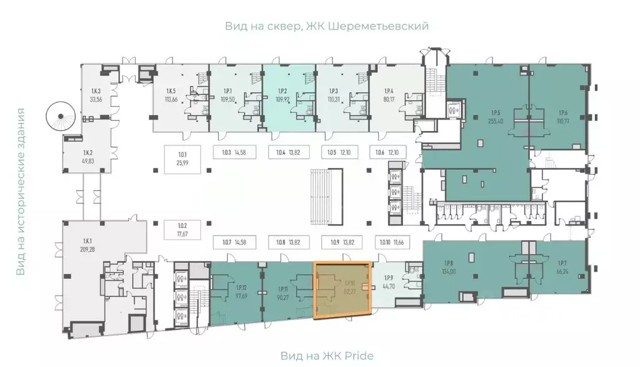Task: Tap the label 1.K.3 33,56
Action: pyautogui.click(x=96, y=94)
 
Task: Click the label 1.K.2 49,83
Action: pyautogui.click(x=88, y=157)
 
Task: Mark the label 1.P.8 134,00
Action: pyautogui.click(x=449, y=268)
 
